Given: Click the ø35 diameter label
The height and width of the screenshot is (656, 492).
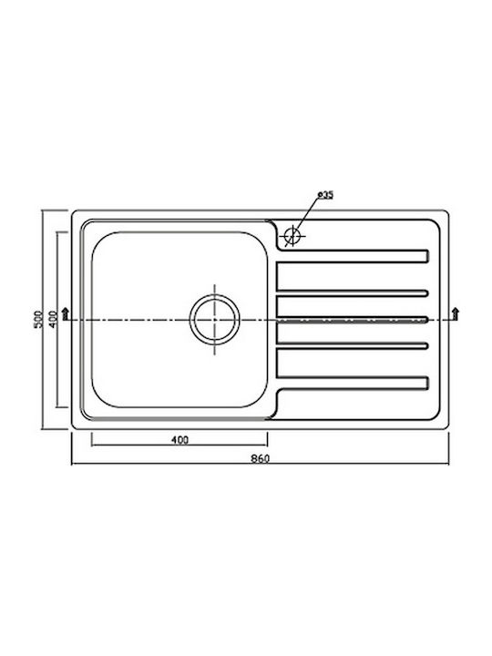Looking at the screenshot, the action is pyautogui.click(x=325, y=195).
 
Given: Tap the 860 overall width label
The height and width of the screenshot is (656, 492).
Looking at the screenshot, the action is pyautogui.click(x=261, y=458).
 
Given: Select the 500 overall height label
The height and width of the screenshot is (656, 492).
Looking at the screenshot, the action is pyautogui.click(x=38, y=319).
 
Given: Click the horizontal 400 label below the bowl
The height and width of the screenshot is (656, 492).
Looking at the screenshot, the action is pyautogui.click(x=179, y=440).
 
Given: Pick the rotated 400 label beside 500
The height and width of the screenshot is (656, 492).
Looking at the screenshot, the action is pyautogui.click(x=53, y=319).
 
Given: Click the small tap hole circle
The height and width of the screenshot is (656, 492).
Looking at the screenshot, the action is pyautogui.click(x=292, y=235).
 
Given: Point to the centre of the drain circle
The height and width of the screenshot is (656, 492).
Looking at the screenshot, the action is pyautogui.click(x=215, y=320).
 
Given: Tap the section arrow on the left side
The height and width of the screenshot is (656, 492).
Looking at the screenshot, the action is pyautogui.click(x=65, y=313).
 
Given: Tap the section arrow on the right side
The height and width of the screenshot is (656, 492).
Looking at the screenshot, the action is pyautogui.click(x=456, y=313).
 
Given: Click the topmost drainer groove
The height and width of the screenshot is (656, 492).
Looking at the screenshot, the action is pyautogui.click(x=353, y=256).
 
